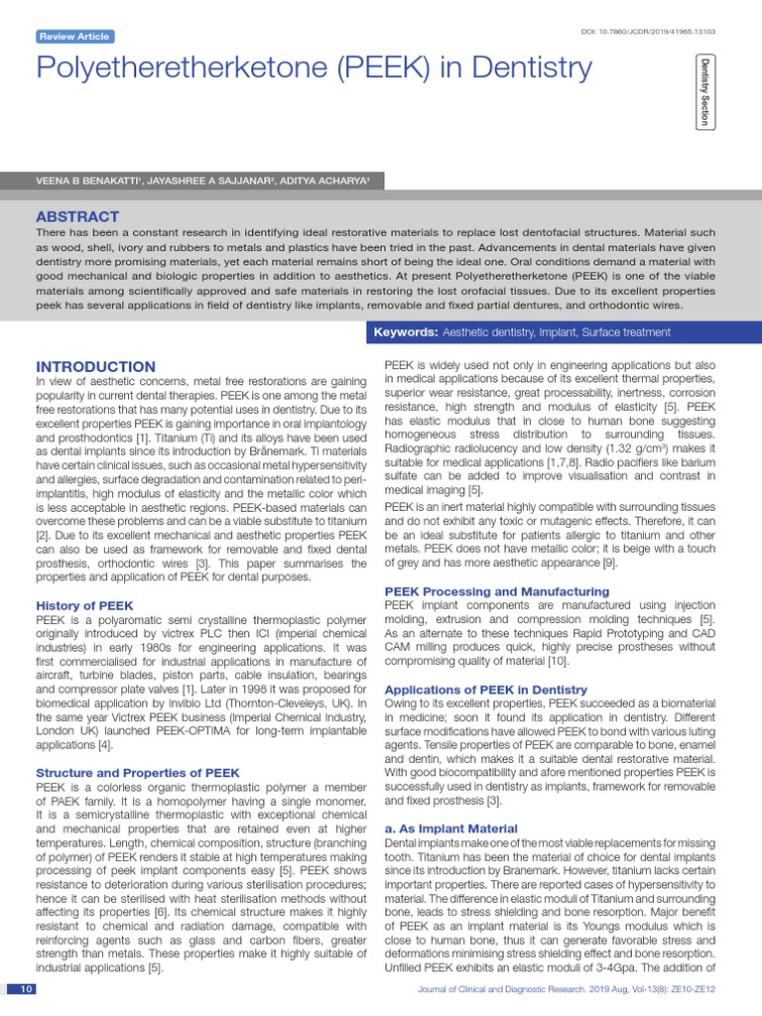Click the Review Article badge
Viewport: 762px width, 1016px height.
coord(74,37)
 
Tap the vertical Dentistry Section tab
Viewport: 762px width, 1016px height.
coord(704,91)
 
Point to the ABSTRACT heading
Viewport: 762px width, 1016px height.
coord(77,216)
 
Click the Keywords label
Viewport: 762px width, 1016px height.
coord(406,331)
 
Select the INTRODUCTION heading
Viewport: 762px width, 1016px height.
coord(95,366)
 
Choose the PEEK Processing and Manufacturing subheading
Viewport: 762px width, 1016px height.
coord(496,591)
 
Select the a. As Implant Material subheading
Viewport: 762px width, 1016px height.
coord(450,827)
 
